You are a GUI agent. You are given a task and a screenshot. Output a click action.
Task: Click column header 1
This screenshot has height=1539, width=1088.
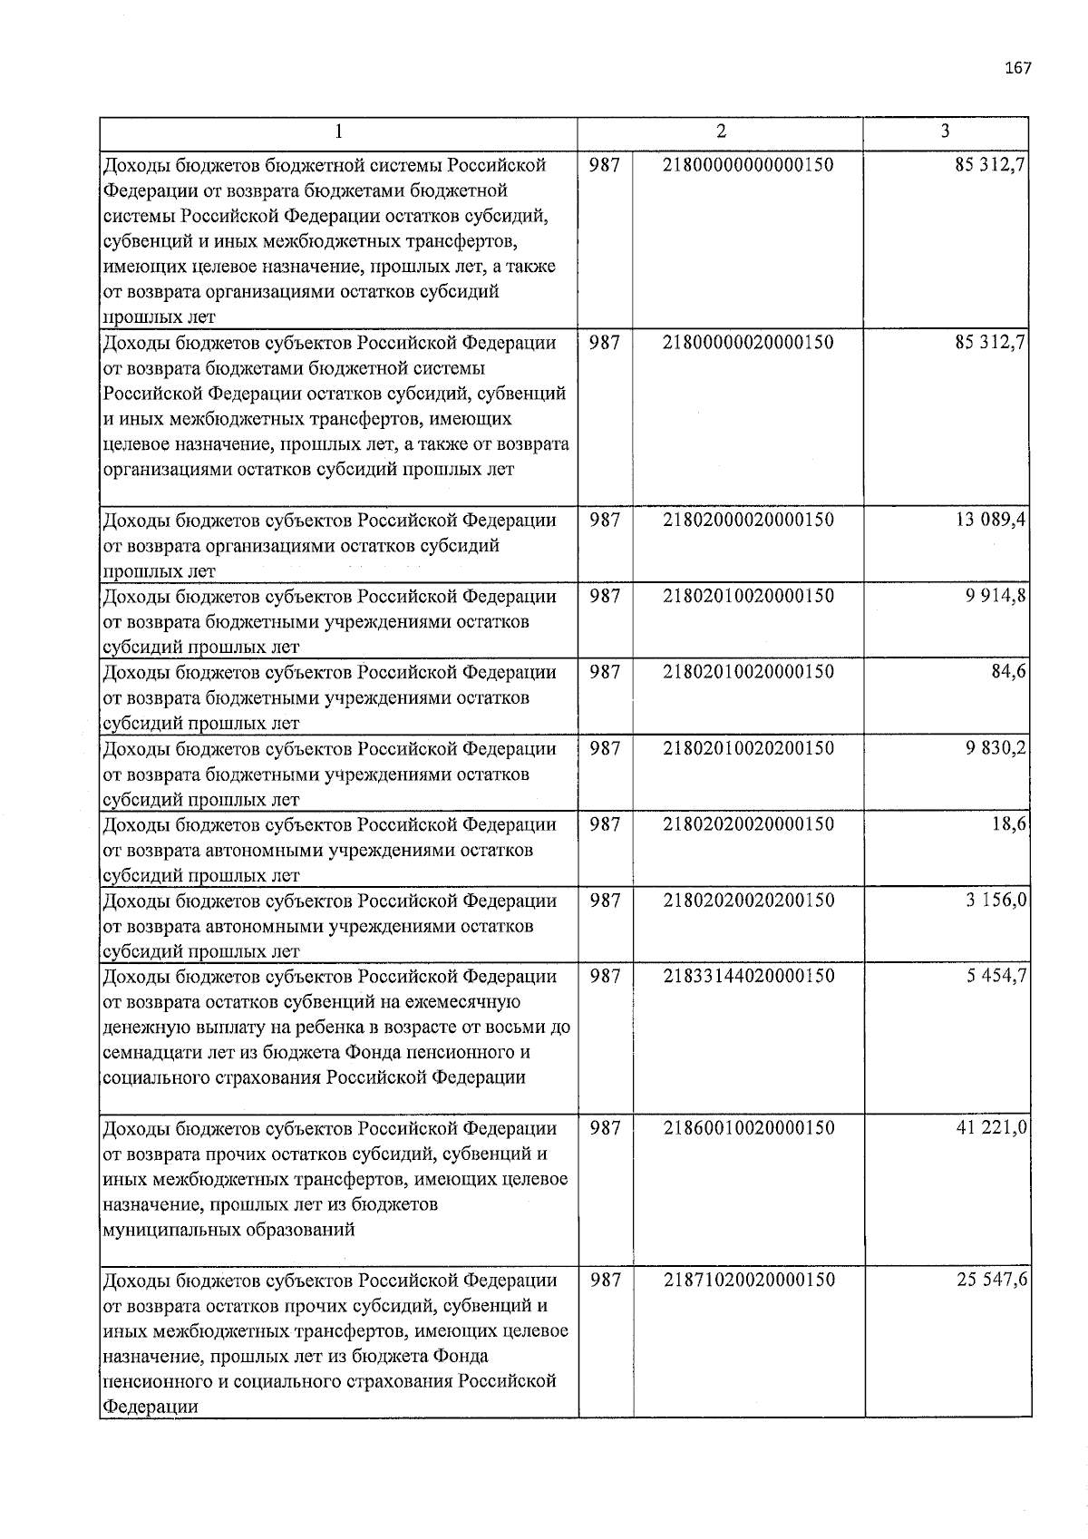(338, 132)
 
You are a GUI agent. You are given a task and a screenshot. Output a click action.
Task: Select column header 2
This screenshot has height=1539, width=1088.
(721, 131)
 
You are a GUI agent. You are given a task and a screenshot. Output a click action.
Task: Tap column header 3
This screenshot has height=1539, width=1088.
(946, 131)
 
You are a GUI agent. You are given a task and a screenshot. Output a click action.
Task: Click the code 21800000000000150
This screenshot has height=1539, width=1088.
(748, 165)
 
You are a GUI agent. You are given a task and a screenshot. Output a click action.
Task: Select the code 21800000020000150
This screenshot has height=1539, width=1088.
(748, 343)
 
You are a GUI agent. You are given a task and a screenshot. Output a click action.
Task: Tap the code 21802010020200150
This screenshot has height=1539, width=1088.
(748, 749)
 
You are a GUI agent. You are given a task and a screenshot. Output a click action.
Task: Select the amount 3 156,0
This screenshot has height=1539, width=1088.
(995, 901)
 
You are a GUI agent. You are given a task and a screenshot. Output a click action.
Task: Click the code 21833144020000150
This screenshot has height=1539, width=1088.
(748, 977)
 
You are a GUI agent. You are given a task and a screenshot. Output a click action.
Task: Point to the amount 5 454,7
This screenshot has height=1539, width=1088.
(995, 977)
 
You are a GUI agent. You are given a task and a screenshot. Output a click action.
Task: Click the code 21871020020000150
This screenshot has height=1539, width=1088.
(748, 1281)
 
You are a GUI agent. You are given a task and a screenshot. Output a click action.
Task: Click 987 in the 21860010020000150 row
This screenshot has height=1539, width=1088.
(605, 1129)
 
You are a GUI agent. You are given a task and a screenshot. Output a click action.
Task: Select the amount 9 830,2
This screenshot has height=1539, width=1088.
(995, 749)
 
